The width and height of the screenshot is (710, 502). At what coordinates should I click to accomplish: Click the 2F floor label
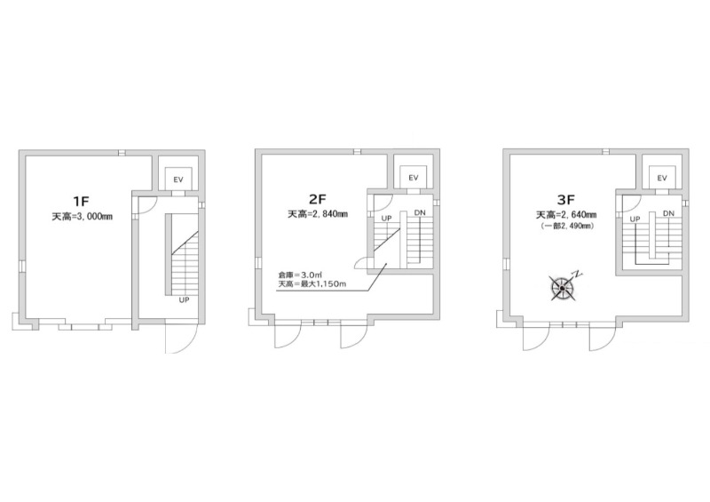tap(318, 199)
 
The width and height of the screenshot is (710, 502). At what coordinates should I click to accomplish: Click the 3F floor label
tap(566, 199)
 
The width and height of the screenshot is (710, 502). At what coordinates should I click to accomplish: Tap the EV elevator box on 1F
tap(178, 179)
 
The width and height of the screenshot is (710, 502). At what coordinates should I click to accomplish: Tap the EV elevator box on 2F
tap(414, 178)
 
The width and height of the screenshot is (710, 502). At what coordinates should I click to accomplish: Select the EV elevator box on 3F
tap(662, 178)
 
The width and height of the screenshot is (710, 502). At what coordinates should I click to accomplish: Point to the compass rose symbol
tap(563, 288)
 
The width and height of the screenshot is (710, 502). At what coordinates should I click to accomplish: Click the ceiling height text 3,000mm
tap(82, 217)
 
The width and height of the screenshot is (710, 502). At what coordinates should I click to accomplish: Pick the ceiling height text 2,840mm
tap(318, 214)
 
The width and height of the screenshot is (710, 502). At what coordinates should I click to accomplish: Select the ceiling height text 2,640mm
tap(566, 214)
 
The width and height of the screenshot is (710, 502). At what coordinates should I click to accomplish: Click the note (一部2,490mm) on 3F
tap(566, 226)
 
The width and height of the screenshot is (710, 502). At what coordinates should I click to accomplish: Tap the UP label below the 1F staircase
tap(184, 299)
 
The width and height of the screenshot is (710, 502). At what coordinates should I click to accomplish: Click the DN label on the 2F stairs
tap(420, 212)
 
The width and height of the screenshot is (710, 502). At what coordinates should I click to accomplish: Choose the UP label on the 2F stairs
tap(386, 218)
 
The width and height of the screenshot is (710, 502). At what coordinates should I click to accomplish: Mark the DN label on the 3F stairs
tap(668, 213)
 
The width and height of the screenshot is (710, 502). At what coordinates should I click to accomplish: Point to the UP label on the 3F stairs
tap(635, 219)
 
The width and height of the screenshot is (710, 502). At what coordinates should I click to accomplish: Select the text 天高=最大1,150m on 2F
tap(312, 284)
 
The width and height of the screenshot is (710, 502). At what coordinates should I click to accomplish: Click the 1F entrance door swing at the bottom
tap(181, 337)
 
